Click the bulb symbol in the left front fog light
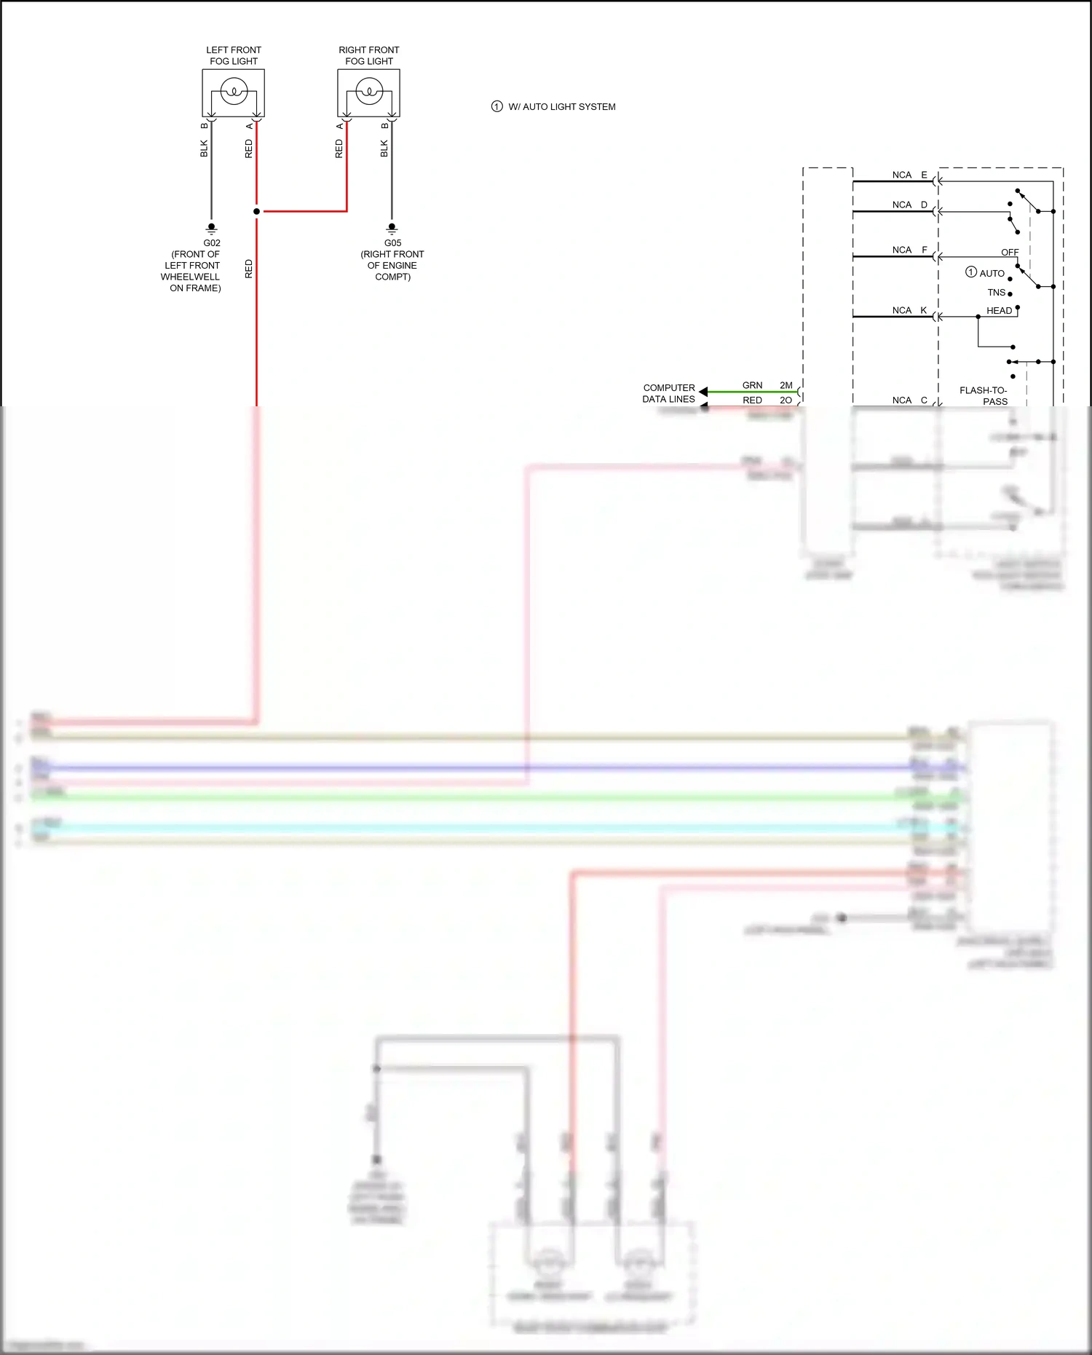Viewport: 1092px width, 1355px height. tap(234, 92)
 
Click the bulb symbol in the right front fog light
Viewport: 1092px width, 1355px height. tap(369, 92)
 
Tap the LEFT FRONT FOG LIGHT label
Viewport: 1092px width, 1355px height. tap(234, 55)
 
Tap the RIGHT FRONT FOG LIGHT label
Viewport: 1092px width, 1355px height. tap(369, 55)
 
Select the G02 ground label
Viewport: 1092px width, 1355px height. tap(212, 243)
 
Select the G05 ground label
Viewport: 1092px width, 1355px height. tap(392, 243)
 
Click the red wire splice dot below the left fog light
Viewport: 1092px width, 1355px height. tap(256, 211)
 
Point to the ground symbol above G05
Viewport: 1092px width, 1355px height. tap(392, 228)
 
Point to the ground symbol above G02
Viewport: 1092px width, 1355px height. tap(212, 228)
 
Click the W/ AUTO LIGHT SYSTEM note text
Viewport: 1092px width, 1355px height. tap(561, 107)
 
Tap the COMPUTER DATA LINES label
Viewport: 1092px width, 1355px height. tap(668, 393)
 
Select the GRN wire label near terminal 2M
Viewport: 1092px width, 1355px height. tap(752, 385)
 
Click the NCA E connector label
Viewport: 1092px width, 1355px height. tap(909, 175)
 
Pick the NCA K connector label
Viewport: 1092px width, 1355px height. tap(909, 310)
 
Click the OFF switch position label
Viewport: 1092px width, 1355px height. tap(1010, 252)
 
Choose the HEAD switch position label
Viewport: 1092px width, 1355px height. tap(999, 310)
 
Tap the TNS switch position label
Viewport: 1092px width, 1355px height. tap(996, 292)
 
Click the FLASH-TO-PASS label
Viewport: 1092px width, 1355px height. tap(984, 395)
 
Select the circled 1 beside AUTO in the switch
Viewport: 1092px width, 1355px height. tap(970, 272)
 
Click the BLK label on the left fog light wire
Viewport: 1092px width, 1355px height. tap(204, 149)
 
